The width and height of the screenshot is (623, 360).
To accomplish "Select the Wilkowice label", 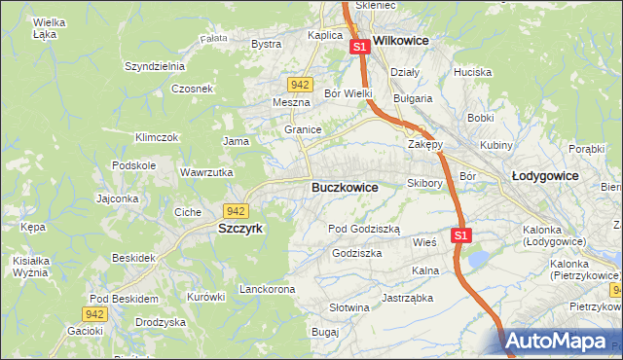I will (402, 42).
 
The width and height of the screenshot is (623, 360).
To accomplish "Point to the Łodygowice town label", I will (545, 176).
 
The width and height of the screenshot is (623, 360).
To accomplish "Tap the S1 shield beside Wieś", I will (461, 235).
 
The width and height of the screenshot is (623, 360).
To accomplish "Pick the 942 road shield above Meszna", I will (300, 85).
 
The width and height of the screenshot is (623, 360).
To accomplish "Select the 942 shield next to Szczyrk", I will (235, 210).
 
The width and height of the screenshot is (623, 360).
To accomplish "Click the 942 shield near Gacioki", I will (93, 313).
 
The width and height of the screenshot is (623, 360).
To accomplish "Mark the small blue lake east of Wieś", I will (479, 259).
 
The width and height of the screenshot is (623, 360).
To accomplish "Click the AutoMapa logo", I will (561, 342).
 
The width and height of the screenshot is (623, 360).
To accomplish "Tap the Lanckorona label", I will (267, 290).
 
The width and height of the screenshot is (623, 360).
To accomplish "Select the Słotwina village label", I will (349, 308).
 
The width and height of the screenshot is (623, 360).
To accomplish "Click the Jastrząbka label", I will (407, 298).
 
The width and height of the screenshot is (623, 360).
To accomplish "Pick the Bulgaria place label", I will (412, 98).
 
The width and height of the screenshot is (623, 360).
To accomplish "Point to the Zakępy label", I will (425, 144).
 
